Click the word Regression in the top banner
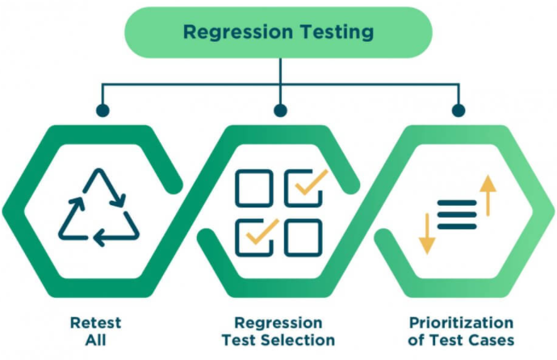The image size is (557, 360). point(238,32)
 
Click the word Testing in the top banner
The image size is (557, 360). point(337,32)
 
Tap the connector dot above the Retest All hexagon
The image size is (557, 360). point(103,111)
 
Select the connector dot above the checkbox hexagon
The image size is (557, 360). point(281,111)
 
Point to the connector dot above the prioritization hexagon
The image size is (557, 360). point(459,111)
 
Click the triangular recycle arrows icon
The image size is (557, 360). point(98,207)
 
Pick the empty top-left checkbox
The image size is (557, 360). point(254,189)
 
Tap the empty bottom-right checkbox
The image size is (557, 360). point(304,237)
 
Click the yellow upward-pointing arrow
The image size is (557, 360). point(488,195)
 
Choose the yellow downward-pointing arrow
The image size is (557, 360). point(427,233)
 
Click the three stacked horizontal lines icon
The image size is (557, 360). point(457,215)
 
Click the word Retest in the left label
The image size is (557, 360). point(96,323)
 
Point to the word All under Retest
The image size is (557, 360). point(96,340)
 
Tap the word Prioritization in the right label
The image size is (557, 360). point(461,323)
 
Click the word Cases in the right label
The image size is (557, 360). point(492,340)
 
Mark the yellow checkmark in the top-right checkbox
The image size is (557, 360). point(312,182)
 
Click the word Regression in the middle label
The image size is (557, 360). point(278,323)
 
